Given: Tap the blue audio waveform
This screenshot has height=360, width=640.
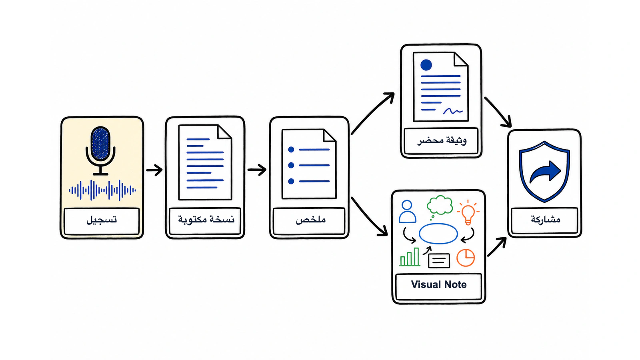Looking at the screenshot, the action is coord(102,190).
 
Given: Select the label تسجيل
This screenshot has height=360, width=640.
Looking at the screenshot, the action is coord(102,220).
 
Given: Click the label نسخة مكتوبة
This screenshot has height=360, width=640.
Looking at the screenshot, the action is coord(206,220).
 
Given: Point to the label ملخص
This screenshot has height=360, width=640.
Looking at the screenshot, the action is coord(310,220).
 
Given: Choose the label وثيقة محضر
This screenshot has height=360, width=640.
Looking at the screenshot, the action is coord(442,141).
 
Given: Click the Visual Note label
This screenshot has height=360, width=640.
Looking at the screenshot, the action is coord(438,284).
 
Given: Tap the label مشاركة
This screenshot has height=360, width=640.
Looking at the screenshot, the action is coord(546,220).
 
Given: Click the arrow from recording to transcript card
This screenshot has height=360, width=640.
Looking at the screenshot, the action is coord(154,170).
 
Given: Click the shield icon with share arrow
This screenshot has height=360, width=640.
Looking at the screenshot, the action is coord(544,172).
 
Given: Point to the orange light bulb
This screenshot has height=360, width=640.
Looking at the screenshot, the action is coord(468,212).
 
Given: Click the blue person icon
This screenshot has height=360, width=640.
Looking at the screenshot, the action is coord(407,212).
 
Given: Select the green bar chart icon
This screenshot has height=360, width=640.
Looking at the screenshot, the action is coord(410,257).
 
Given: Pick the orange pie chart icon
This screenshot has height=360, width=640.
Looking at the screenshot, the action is coord(466,258).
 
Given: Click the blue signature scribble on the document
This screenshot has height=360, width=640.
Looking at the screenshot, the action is coord(453,111).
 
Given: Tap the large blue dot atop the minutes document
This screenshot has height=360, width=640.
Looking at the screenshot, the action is coord(426,65).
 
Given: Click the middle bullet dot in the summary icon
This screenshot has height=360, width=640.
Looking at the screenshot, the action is coord(291,165).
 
